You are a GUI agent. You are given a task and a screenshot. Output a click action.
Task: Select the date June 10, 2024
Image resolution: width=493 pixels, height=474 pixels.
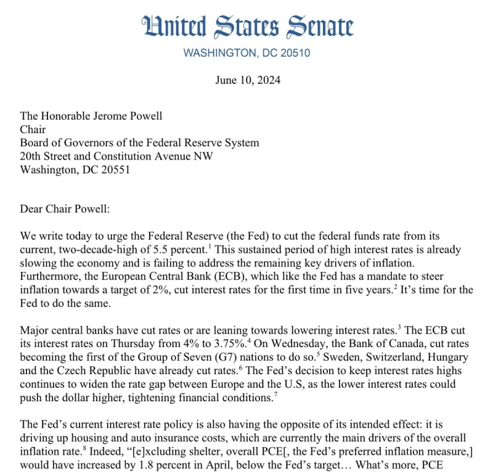246,80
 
